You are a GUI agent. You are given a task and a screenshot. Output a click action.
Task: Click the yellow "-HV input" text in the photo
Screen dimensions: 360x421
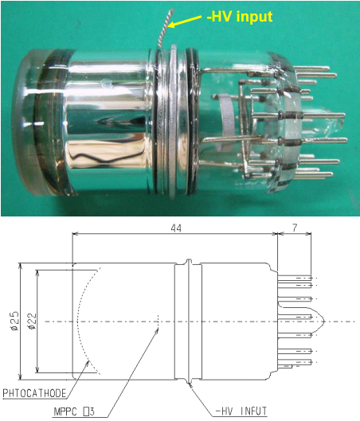(240, 16)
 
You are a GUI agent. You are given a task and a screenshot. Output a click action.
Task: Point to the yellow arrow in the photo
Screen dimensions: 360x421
(185, 21)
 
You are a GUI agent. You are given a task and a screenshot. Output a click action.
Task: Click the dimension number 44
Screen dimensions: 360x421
(176, 228)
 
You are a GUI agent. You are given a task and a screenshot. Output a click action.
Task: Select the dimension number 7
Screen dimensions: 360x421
(295, 228)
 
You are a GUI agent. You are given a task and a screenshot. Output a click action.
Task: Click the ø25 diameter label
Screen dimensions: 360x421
(14, 321)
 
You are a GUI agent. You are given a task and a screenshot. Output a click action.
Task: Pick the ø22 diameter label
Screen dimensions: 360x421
(31, 321)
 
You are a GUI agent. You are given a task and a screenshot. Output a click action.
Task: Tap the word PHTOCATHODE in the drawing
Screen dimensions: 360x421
(34, 393)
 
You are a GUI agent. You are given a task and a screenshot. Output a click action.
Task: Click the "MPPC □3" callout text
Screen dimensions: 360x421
(74, 411)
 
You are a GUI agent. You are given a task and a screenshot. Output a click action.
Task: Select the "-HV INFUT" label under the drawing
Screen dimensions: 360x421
(241, 411)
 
